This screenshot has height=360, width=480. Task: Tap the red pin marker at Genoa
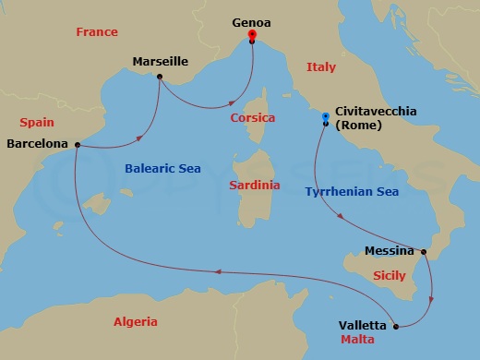tap(252, 35)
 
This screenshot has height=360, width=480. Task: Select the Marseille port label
tap(160, 61)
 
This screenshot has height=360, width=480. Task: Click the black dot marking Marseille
tap(160, 77)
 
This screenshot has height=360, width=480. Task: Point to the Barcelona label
tap(37, 144)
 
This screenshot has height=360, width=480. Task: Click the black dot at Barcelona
tap(77, 144)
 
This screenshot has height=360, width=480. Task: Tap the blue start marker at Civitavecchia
tap(325, 116)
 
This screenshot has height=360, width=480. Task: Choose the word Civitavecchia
tap(377, 111)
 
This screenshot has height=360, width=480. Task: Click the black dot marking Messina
tap(424, 251)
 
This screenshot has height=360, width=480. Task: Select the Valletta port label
tap(364, 325)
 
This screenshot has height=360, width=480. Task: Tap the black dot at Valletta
tap(396, 326)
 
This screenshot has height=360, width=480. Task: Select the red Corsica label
tap(255, 118)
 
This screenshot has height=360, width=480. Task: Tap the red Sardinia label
tap(254, 186)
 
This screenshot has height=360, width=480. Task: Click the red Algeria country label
tap(135, 322)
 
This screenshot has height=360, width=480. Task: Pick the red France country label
tap(97, 32)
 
